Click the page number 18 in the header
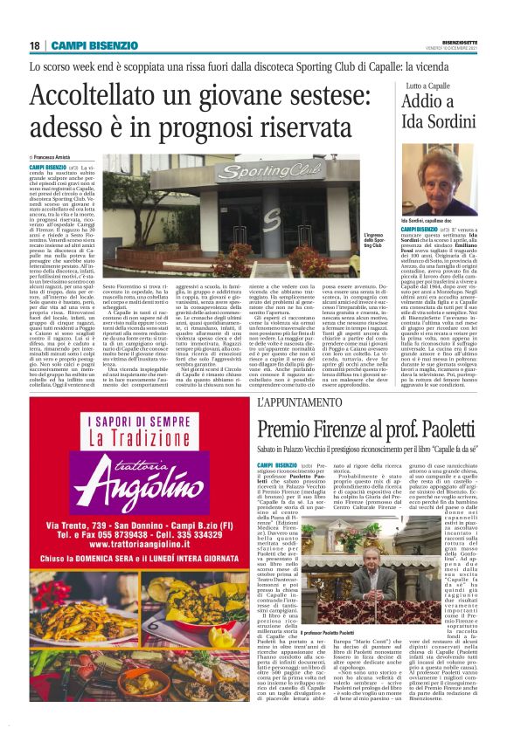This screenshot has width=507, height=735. [x=34, y=45]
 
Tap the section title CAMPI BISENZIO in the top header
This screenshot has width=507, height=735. [x=94, y=45]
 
